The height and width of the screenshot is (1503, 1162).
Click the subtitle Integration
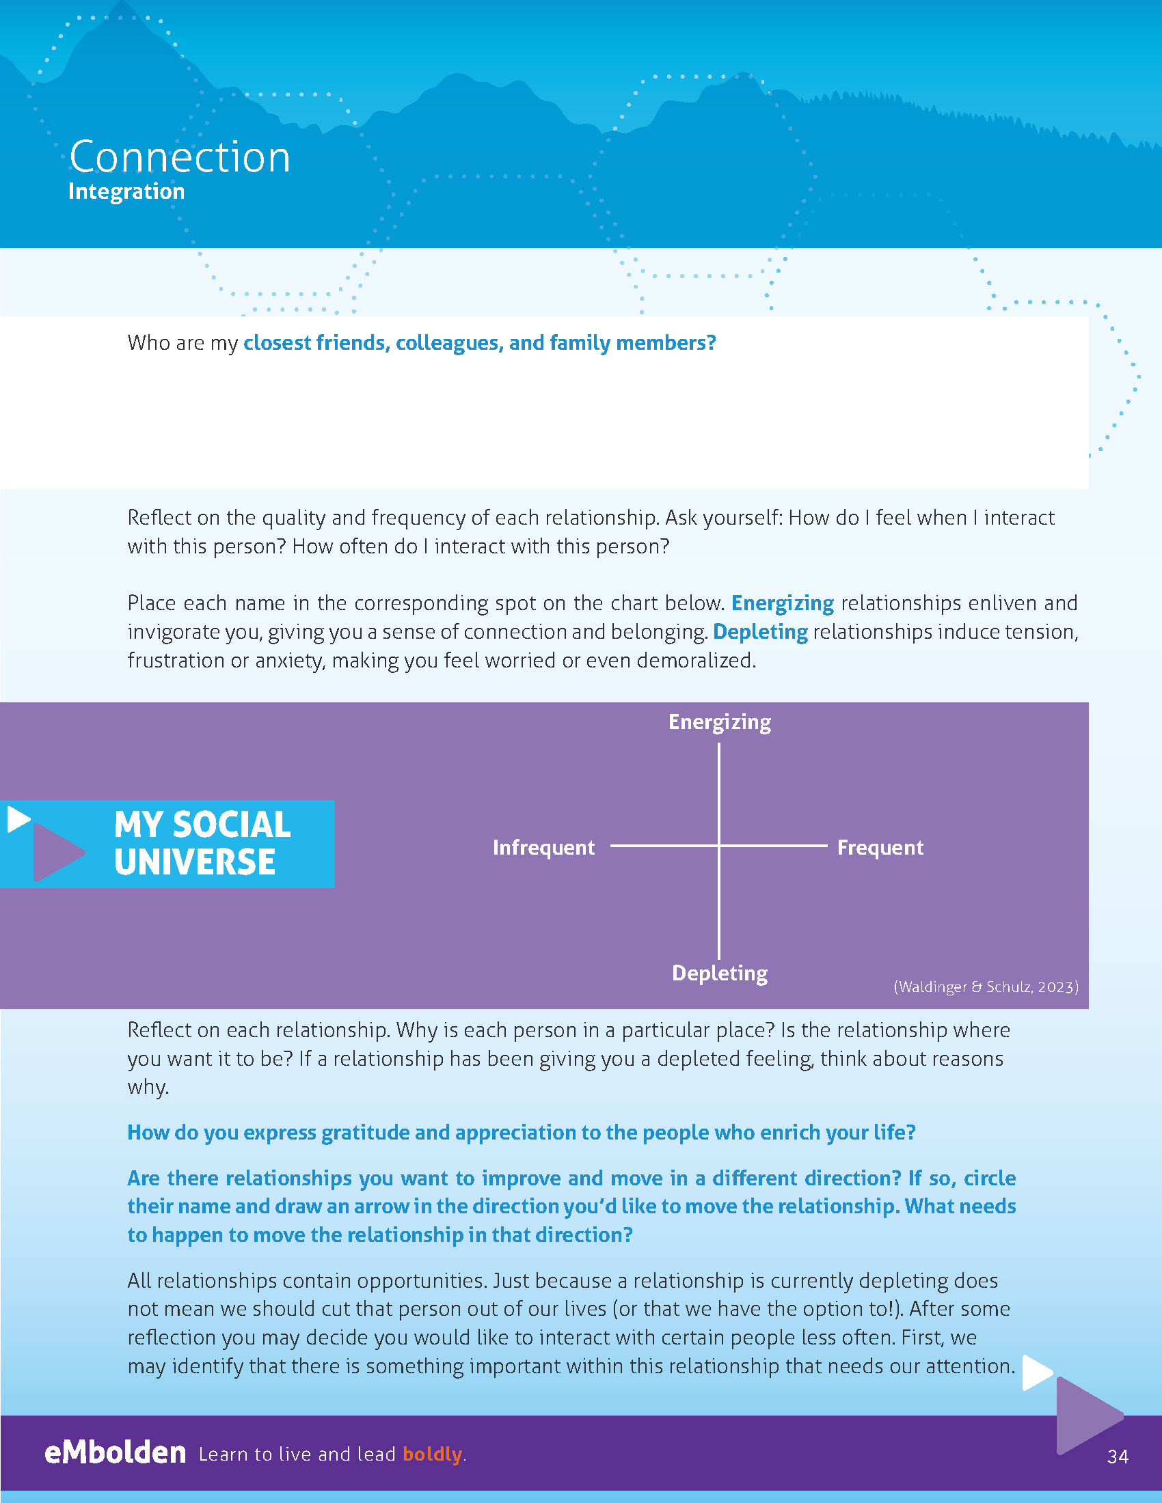126,191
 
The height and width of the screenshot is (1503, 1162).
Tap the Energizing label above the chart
719,722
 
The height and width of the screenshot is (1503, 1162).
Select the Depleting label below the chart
719,973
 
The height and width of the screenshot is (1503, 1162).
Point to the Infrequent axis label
543,847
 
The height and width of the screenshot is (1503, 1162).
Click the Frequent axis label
880,847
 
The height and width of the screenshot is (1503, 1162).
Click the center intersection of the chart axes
719,845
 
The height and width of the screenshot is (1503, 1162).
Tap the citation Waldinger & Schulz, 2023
986,987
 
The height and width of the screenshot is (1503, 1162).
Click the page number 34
1118,1457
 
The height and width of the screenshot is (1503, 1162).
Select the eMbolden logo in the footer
115,1452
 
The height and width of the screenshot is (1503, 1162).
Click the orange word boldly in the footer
432,1454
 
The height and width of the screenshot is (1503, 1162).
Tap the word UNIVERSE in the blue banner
195,862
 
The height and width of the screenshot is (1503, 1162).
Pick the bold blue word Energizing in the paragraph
782,603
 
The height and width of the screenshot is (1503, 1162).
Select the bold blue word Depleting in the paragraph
760,632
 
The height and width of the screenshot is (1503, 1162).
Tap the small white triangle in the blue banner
18,819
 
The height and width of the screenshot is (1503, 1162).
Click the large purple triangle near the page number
1086,1416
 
